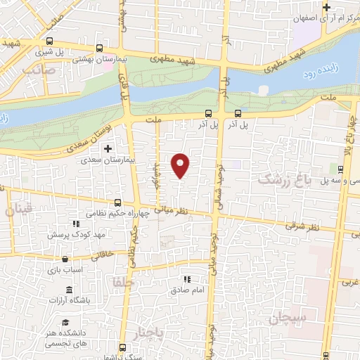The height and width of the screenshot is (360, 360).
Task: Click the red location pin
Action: [x=181, y=165]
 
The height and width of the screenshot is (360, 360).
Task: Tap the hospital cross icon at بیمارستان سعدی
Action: [x=108, y=149]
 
